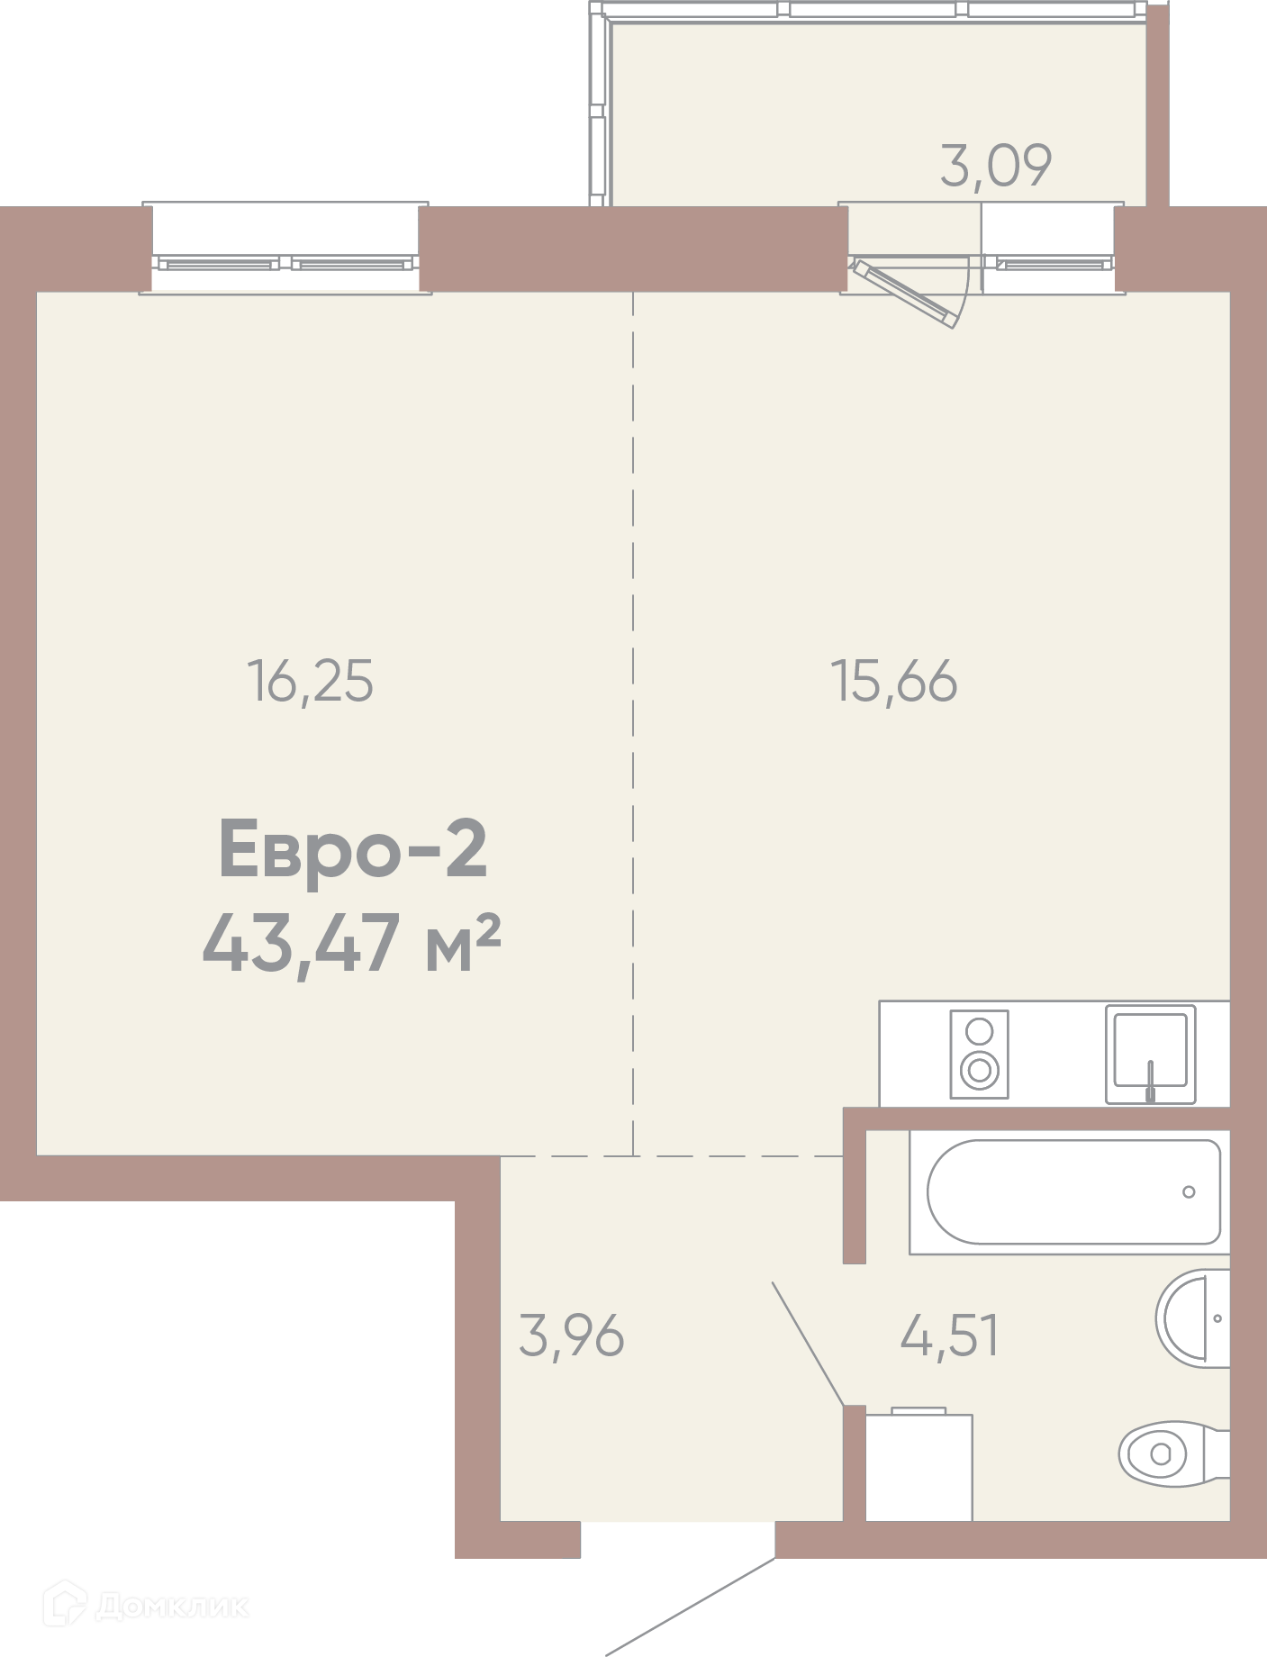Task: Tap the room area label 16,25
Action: [310, 681]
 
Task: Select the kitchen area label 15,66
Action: [893, 681]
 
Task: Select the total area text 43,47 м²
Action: [351, 943]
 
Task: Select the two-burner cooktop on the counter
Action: [979, 1055]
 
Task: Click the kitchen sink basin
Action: [1150, 1050]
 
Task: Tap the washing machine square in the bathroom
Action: [919, 1466]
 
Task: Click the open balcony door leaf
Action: [905, 294]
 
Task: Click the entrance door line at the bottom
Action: [691, 1607]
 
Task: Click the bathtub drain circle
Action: [1189, 1192]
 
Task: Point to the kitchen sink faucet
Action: [1150, 1081]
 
